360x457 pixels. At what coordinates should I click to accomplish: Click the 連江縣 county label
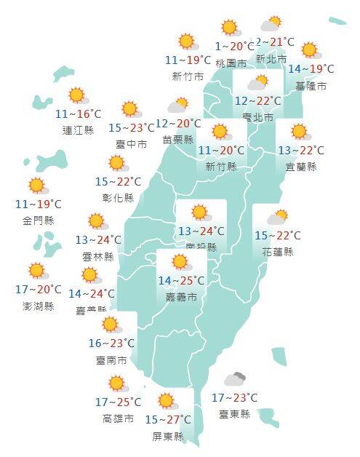[x=78, y=130]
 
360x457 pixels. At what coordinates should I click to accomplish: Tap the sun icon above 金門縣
[x=37, y=186]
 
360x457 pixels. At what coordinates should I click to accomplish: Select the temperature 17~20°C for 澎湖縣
[x=38, y=290]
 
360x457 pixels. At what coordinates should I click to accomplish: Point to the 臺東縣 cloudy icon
[x=234, y=379]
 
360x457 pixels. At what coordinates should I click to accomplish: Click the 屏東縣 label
[x=168, y=436]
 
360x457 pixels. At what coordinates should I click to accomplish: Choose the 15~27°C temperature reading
[x=168, y=420]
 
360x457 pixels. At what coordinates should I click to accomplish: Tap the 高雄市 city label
[x=118, y=418]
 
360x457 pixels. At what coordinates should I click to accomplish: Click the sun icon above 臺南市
[x=111, y=325]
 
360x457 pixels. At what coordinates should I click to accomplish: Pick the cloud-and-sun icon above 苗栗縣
[x=178, y=106]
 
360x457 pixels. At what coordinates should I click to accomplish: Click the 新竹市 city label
[x=187, y=76]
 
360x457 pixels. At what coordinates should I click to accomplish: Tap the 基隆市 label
[x=311, y=86]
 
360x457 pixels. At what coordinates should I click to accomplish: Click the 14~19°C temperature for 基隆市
[x=311, y=69]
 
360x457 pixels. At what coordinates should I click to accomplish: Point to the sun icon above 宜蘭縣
[x=299, y=132]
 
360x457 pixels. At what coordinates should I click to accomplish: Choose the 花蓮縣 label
[x=278, y=252]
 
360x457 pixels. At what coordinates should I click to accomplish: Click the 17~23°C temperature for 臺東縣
[x=234, y=397]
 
